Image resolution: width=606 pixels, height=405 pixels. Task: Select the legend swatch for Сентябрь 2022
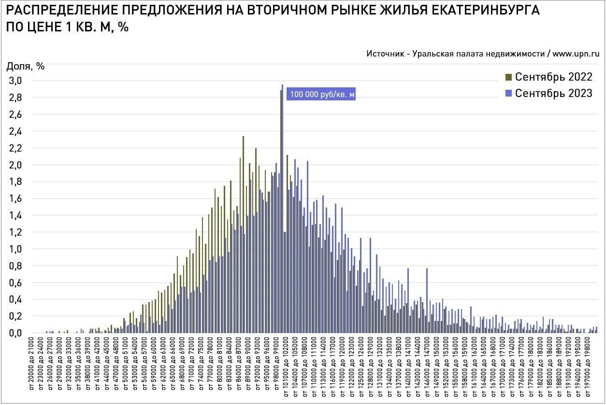pos(509,77)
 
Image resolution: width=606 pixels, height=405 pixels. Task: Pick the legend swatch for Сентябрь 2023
pos(509,93)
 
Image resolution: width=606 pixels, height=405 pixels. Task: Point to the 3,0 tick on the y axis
pos(15,81)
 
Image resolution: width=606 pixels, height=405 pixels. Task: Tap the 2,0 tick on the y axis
pos(15,165)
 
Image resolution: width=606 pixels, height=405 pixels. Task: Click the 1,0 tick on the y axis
pos(15,249)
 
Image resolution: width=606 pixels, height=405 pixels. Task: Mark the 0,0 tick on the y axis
pos(15,333)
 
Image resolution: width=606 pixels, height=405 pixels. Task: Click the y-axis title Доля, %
pos(25,67)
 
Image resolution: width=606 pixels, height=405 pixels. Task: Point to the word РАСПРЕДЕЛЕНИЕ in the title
pos(51,11)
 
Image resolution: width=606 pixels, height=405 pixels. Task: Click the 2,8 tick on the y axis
pos(15,98)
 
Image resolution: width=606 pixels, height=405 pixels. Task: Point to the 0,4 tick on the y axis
pos(15,300)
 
